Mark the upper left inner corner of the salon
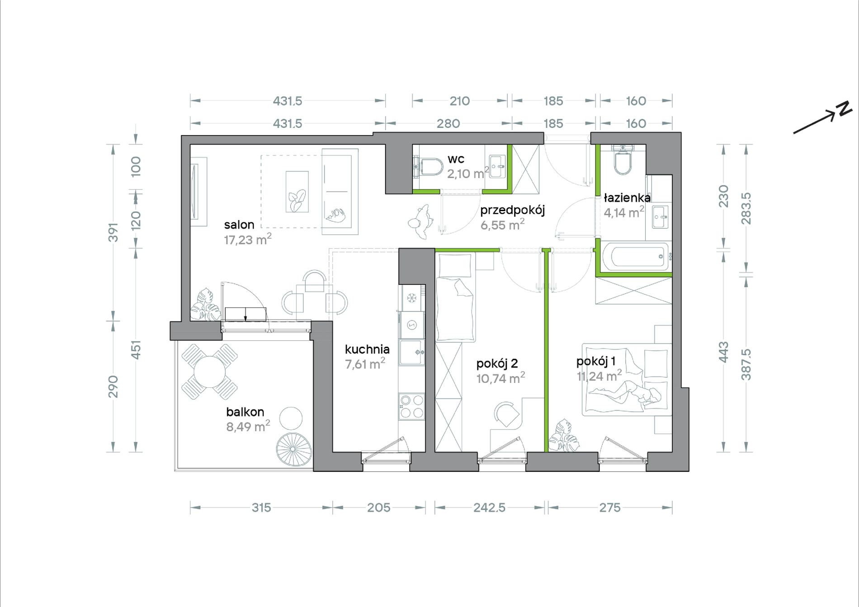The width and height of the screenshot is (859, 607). (x=190, y=145)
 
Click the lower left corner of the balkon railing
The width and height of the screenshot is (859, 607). (x=175, y=471)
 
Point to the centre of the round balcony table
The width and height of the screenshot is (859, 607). (x=210, y=372)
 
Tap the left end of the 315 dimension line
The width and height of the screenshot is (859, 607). (x=190, y=508)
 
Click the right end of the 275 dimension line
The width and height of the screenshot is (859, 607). (x=672, y=508)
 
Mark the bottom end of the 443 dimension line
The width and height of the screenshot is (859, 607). (x=724, y=452)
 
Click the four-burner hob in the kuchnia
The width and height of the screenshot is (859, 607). (x=412, y=406)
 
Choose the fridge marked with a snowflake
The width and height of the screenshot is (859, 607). (x=412, y=298)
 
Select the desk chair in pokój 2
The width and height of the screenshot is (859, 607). (x=507, y=414)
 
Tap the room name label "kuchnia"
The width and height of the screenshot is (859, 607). (x=367, y=349)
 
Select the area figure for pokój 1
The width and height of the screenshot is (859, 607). (x=599, y=376)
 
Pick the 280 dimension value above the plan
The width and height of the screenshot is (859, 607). (x=448, y=123)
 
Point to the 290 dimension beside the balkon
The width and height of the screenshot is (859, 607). (x=113, y=386)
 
